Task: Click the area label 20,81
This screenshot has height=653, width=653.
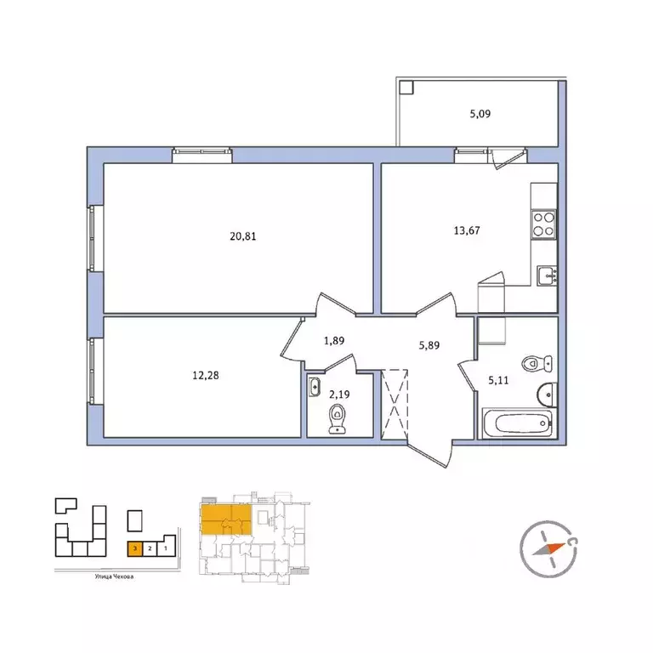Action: tap(242, 236)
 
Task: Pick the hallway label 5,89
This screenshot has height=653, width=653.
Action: tap(429, 346)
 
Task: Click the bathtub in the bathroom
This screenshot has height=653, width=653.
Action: tap(518, 423)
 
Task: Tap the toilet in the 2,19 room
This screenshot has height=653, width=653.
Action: tap(339, 418)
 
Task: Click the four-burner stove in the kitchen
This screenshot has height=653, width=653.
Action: tap(543, 224)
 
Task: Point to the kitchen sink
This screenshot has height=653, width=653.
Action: tap(544, 274)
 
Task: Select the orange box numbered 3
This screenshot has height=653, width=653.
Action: tap(134, 550)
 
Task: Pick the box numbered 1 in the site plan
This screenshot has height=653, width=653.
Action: tap(165, 550)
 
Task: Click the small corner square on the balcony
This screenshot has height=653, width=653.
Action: tap(406, 86)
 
